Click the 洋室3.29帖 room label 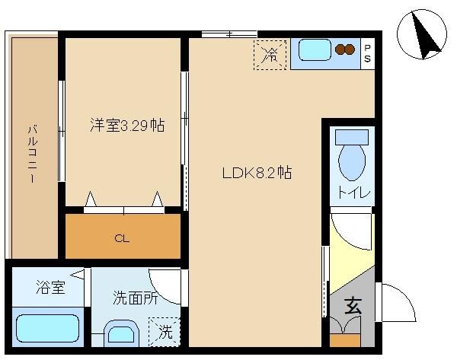pyautogui.click(x=127, y=126)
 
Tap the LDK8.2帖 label pyautogui.click(x=257, y=173)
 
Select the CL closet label pyautogui.click(x=122, y=239)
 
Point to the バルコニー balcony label pyautogui.click(x=33, y=154)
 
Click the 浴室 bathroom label pyautogui.click(x=51, y=287)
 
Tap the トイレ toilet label pyautogui.click(x=354, y=193)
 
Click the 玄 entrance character pyautogui.click(x=353, y=305)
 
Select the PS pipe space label pyautogui.click(x=368, y=53)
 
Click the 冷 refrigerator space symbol pyautogui.click(x=270, y=55)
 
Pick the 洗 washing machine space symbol pyautogui.click(x=165, y=332)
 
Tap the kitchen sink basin pyautogui.click(x=315, y=49)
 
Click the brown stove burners pyautogui.click(x=345, y=49)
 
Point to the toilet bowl pyautogui.click(x=352, y=163)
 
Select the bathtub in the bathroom pyautogui.click(x=48, y=329)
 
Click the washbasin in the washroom pyautogui.click(x=121, y=334)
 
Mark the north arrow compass pyautogui.click(x=422, y=34)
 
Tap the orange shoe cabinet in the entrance pyautogui.click(x=345, y=340)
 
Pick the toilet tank pyautogui.click(x=352, y=137)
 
